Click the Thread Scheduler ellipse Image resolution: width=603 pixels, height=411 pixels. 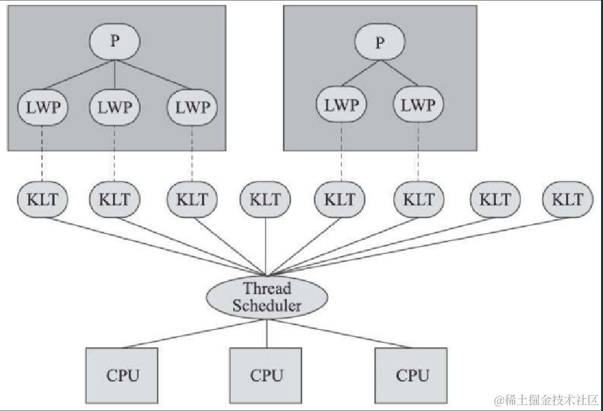[267, 297]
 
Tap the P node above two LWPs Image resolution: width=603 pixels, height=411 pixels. [380, 43]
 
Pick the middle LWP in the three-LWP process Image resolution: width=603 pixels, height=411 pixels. [114, 107]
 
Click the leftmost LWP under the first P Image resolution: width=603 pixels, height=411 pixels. [42, 107]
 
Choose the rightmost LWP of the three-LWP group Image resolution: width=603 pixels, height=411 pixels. [192, 107]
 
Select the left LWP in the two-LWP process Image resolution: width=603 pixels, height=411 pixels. [342, 105]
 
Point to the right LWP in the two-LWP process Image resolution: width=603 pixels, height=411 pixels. [418, 105]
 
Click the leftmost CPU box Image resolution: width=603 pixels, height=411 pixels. [122, 376]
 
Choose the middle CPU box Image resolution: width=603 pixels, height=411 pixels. [266, 376]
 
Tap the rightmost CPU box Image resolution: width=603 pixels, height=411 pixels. [412, 376]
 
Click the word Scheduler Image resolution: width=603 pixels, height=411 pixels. [267, 305]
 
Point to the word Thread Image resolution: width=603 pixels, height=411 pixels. [267, 288]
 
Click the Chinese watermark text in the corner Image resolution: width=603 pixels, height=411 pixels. [546, 399]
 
